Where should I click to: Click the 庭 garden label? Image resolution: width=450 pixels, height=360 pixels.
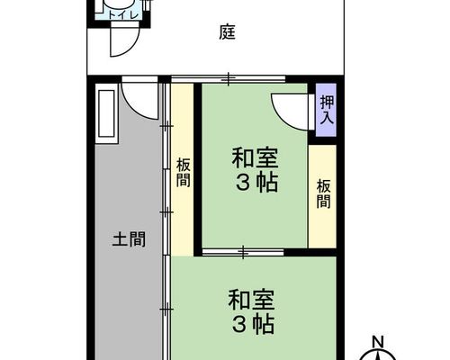227,32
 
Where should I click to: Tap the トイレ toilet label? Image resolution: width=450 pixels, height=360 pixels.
123,15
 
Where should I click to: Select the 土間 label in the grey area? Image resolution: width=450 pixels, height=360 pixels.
129,239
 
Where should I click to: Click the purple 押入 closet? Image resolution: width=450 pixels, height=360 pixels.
327,110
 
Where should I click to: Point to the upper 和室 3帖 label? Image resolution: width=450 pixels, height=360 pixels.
255,169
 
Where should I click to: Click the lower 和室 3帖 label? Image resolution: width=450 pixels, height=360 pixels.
251,311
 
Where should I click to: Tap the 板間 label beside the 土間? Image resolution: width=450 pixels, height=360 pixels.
183,173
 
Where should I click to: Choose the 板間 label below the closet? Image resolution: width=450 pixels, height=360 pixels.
323,193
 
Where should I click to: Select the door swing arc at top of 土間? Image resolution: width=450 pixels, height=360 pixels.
132,108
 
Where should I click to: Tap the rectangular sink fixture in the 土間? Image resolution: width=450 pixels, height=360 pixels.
106,113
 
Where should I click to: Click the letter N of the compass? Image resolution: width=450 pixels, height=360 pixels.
378,342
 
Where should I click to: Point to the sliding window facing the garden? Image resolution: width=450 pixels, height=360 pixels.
228,79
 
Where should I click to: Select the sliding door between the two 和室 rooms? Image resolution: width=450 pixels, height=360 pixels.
243,252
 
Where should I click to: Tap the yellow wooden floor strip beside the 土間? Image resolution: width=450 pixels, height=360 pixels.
183,169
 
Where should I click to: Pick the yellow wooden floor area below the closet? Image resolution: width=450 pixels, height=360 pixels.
322,196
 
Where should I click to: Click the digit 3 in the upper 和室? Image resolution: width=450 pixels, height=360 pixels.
242,183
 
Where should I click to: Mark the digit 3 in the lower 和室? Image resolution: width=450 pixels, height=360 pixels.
239,324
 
